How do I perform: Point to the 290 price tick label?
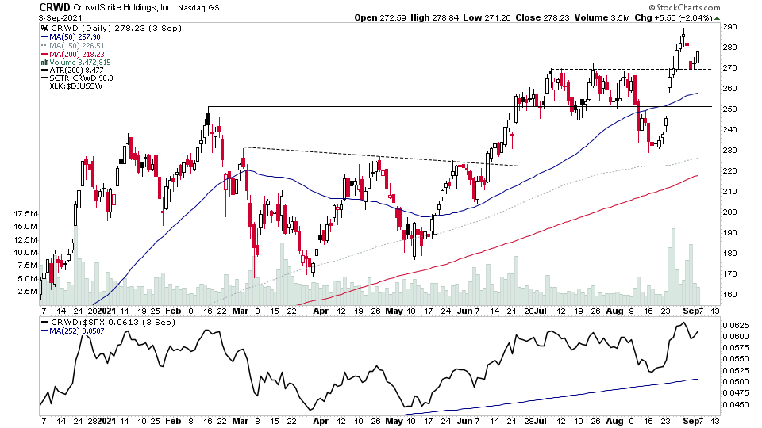tap(731, 27)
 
